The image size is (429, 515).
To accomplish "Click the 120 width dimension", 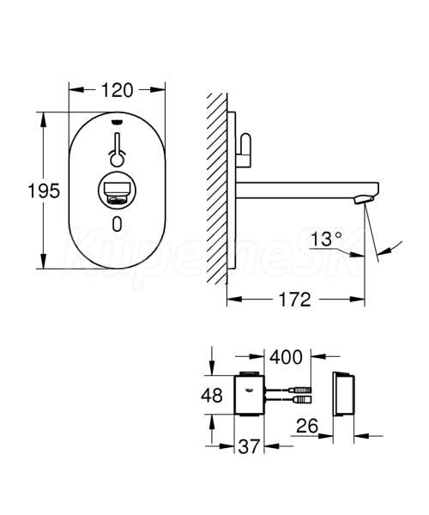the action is coord(118,90).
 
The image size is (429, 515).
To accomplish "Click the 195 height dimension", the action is coord(44,191).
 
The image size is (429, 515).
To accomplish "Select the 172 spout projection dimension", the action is coord(294,300).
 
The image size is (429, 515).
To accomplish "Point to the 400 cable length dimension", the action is coord(286,357).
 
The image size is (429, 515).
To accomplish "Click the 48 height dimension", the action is coord(212,395).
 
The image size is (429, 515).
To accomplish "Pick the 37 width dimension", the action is coord(249,446).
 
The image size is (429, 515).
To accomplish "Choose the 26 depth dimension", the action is coord(307,426).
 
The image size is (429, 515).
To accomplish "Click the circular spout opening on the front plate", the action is coord(118,191).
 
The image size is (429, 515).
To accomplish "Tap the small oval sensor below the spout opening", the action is coord(118,223).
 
